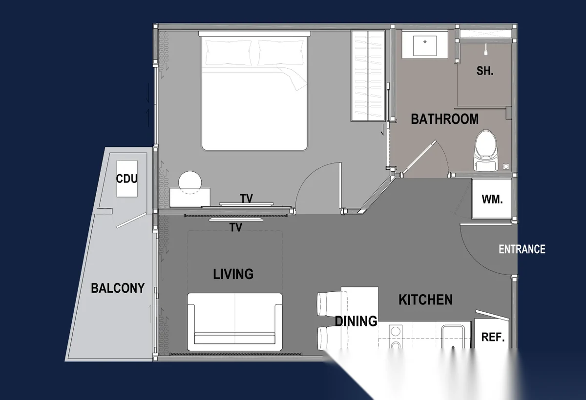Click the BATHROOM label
[x=445, y=119]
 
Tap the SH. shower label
[x=485, y=71]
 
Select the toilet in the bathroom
[x=486, y=151]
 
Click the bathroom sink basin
[x=425, y=45]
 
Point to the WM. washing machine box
[x=492, y=199]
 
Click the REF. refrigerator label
[x=493, y=337]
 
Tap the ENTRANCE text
[x=522, y=249]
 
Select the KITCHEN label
[x=425, y=300]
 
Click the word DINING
[x=356, y=321]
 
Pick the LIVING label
[x=233, y=274]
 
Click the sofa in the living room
[x=235, y=321]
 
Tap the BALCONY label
[x=118, y=288]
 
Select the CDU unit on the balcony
[x=127, y=179]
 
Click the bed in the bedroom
[x=254, y=91]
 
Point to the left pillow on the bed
[x=229, y=53]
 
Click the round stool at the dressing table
[x=190, y=182]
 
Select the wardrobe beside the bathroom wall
[x=368, y=76]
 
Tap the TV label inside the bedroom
[x=247, y=199]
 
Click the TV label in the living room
[x=236, y=227]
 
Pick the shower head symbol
[x=486, y=50]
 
